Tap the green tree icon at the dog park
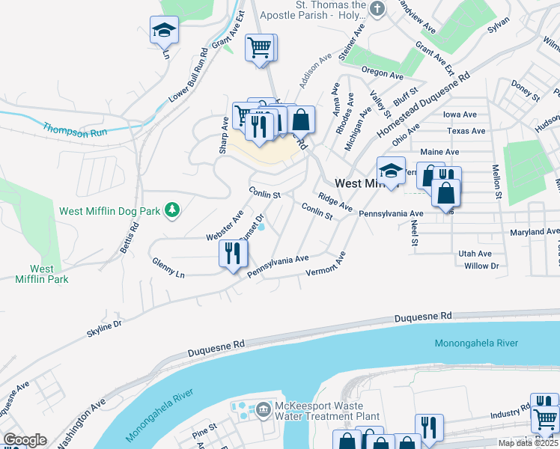click(173, 210)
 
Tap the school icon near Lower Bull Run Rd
click(164, 31)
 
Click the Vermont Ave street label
click(326, 263)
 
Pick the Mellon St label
click(496, 182)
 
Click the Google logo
click(25, 440)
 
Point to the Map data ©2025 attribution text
click(529, 443)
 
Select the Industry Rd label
click(511, 413)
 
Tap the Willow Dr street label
click(481, 266)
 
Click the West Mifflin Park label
click(42, 274)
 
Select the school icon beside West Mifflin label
click(391, 171)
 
